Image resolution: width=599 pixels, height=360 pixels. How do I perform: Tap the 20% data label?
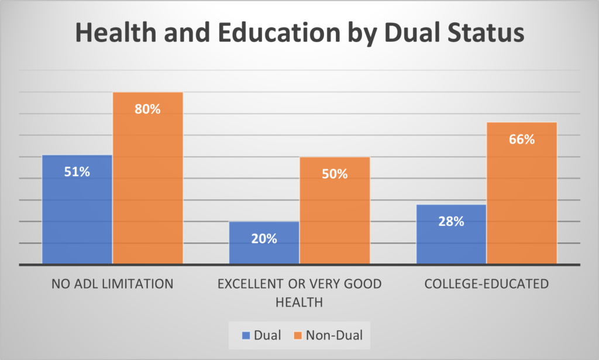(x=264, y=238)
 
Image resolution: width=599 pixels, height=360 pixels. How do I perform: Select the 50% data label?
(x=335, y=174)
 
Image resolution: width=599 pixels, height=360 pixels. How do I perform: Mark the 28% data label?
(x=451, y=221)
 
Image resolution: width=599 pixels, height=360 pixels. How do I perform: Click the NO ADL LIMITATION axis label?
(x=112, y=284)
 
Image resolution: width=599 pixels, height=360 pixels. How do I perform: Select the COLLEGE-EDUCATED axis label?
(x=487, y=284)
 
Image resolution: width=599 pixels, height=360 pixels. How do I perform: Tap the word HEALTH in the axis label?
(x=299, y=302)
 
